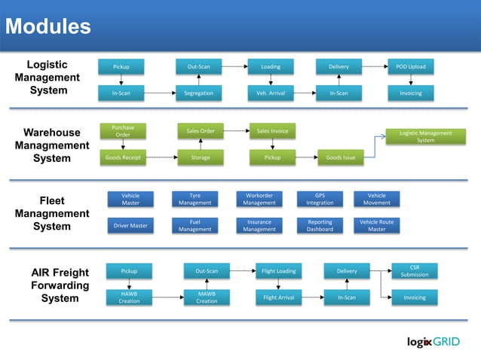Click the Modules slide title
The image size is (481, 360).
(x=48, y=27)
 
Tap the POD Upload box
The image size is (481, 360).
(x=411, y=67)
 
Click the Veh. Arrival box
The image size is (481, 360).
(x=271, y=93)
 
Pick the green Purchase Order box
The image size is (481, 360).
(x=123, y=131)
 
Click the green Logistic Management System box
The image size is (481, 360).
(x=426, y=136)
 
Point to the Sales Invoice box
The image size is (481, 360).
(x=271, y=131)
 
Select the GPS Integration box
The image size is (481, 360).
(x=320, y=199)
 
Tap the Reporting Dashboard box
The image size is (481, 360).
(x=320, y=225)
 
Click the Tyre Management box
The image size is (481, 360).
(x=195, y=199)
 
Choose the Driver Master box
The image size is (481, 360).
(x=130, y=225)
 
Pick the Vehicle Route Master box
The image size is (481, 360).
(x=376, y=225)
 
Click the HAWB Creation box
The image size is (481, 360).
(x=129, y=297)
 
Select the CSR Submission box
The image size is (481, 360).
(x=414, y=270)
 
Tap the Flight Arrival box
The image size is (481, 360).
(x=278, y=297)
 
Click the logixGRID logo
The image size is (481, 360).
(x=438, y=341)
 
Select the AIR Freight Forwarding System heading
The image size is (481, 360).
(x=60, y=285)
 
